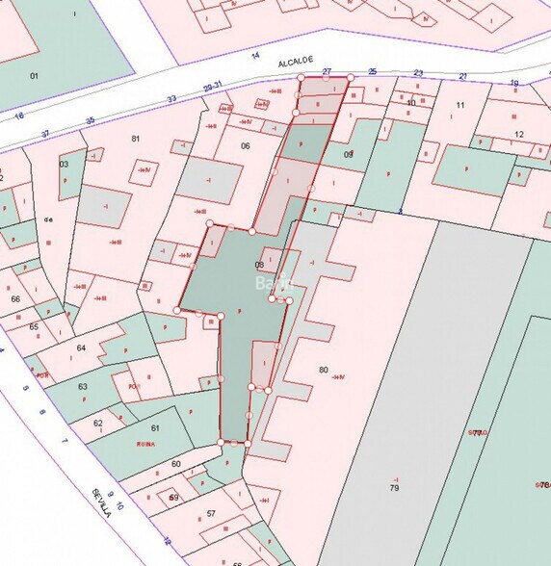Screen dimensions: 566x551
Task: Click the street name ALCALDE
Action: click(297, 62)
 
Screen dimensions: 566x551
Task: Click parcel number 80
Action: click(323, 370)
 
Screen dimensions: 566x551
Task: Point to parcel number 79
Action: click(394, 489)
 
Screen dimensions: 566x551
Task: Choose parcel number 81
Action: click(136, 139)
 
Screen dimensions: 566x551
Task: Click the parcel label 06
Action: click(245, 146)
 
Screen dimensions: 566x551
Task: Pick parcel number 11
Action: click(460, 105)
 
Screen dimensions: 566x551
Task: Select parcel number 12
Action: click(518, 134)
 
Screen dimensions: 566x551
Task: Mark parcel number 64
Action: click(81, 347)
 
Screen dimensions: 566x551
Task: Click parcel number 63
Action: click(84, 387)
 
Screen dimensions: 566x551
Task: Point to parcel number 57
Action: click(211, 513)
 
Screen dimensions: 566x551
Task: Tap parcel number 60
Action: click(175, 465)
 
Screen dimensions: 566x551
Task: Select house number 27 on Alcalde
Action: click(328, 72)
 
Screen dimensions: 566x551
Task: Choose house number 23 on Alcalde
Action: click(418, 73)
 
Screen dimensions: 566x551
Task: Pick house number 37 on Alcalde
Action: click(45, 134)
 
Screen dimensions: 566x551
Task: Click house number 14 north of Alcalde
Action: click(255, 56)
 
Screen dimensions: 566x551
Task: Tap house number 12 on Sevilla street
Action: click(167, 541)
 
